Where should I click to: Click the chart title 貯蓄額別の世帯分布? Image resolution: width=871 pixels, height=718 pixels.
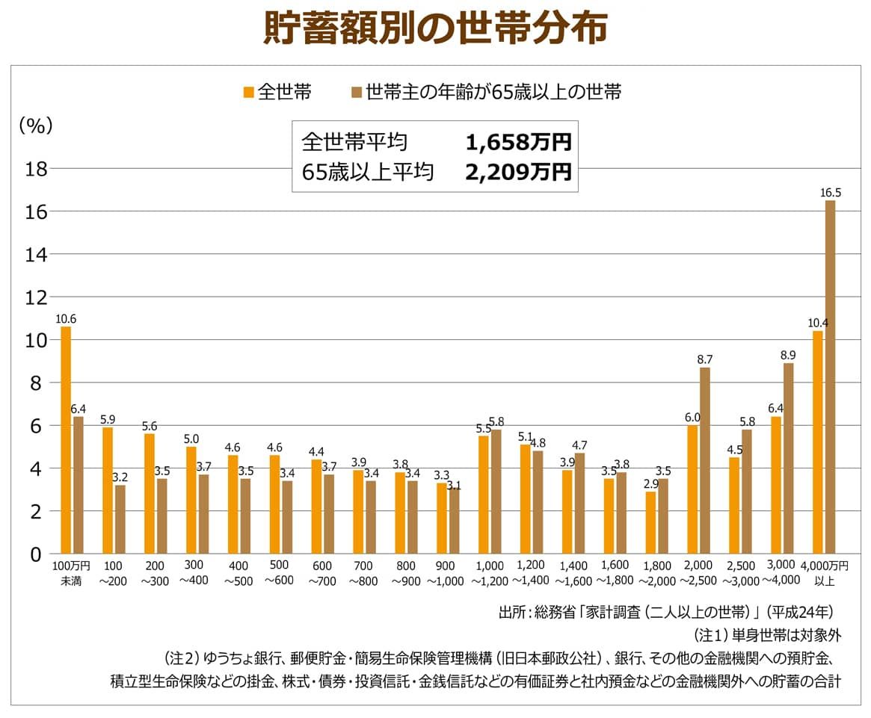[435, 29]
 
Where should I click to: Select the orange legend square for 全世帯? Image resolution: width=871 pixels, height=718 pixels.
[248, 93]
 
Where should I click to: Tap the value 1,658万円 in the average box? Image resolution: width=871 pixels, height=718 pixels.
[517, 142]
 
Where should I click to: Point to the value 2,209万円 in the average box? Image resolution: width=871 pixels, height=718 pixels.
[517, 173]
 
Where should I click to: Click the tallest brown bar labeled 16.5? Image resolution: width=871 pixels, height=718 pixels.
[830, 377]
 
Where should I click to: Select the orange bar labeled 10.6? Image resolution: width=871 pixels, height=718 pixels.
[66, 441]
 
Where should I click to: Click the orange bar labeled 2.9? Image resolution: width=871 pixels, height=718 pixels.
[650, 523]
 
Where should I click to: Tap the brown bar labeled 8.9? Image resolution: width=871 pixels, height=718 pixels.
[788, 459]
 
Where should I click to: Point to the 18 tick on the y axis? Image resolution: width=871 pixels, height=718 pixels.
[37, 169]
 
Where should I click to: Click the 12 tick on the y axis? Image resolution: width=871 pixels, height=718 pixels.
[37, 297]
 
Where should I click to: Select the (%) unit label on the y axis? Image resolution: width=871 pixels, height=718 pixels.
[35, 126]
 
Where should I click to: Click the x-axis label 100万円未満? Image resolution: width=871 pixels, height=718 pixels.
[71, 573]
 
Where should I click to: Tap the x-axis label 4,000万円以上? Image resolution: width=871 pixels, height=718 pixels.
[825, 573]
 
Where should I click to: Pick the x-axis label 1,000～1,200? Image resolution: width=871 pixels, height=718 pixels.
[489, 573]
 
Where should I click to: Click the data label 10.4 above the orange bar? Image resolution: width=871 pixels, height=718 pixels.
[818, 323]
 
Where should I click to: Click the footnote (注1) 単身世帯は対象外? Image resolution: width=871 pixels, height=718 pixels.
[767, 636]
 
